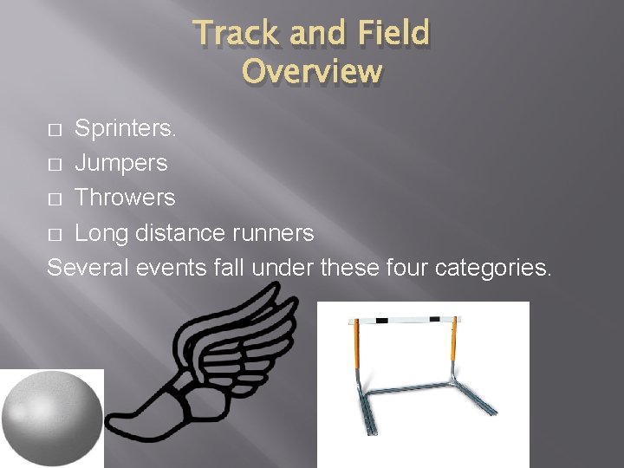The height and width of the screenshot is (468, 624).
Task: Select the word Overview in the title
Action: click(312, 70)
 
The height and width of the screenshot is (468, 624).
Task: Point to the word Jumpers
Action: click(121, 164)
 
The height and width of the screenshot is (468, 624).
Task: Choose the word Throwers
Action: click(125, 198)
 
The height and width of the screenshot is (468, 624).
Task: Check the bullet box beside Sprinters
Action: click(55, 130)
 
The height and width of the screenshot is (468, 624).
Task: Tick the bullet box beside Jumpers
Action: click(55, 165)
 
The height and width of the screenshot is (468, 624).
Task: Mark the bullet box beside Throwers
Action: click(55, 199)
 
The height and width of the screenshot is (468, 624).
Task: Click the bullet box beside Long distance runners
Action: click(55, 234)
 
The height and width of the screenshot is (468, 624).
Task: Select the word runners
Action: click(272, 233)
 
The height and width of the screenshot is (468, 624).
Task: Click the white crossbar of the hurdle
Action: click(406, 321)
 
